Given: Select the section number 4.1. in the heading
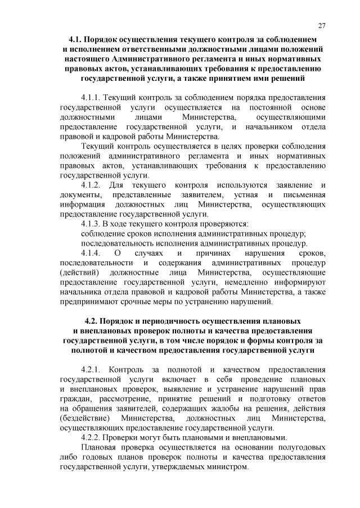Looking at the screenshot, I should (75, 40).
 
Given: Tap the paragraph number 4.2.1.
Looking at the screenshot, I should (93, 369).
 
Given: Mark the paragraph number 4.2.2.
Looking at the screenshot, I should (93, 437).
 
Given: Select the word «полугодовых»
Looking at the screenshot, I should (301, 447).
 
